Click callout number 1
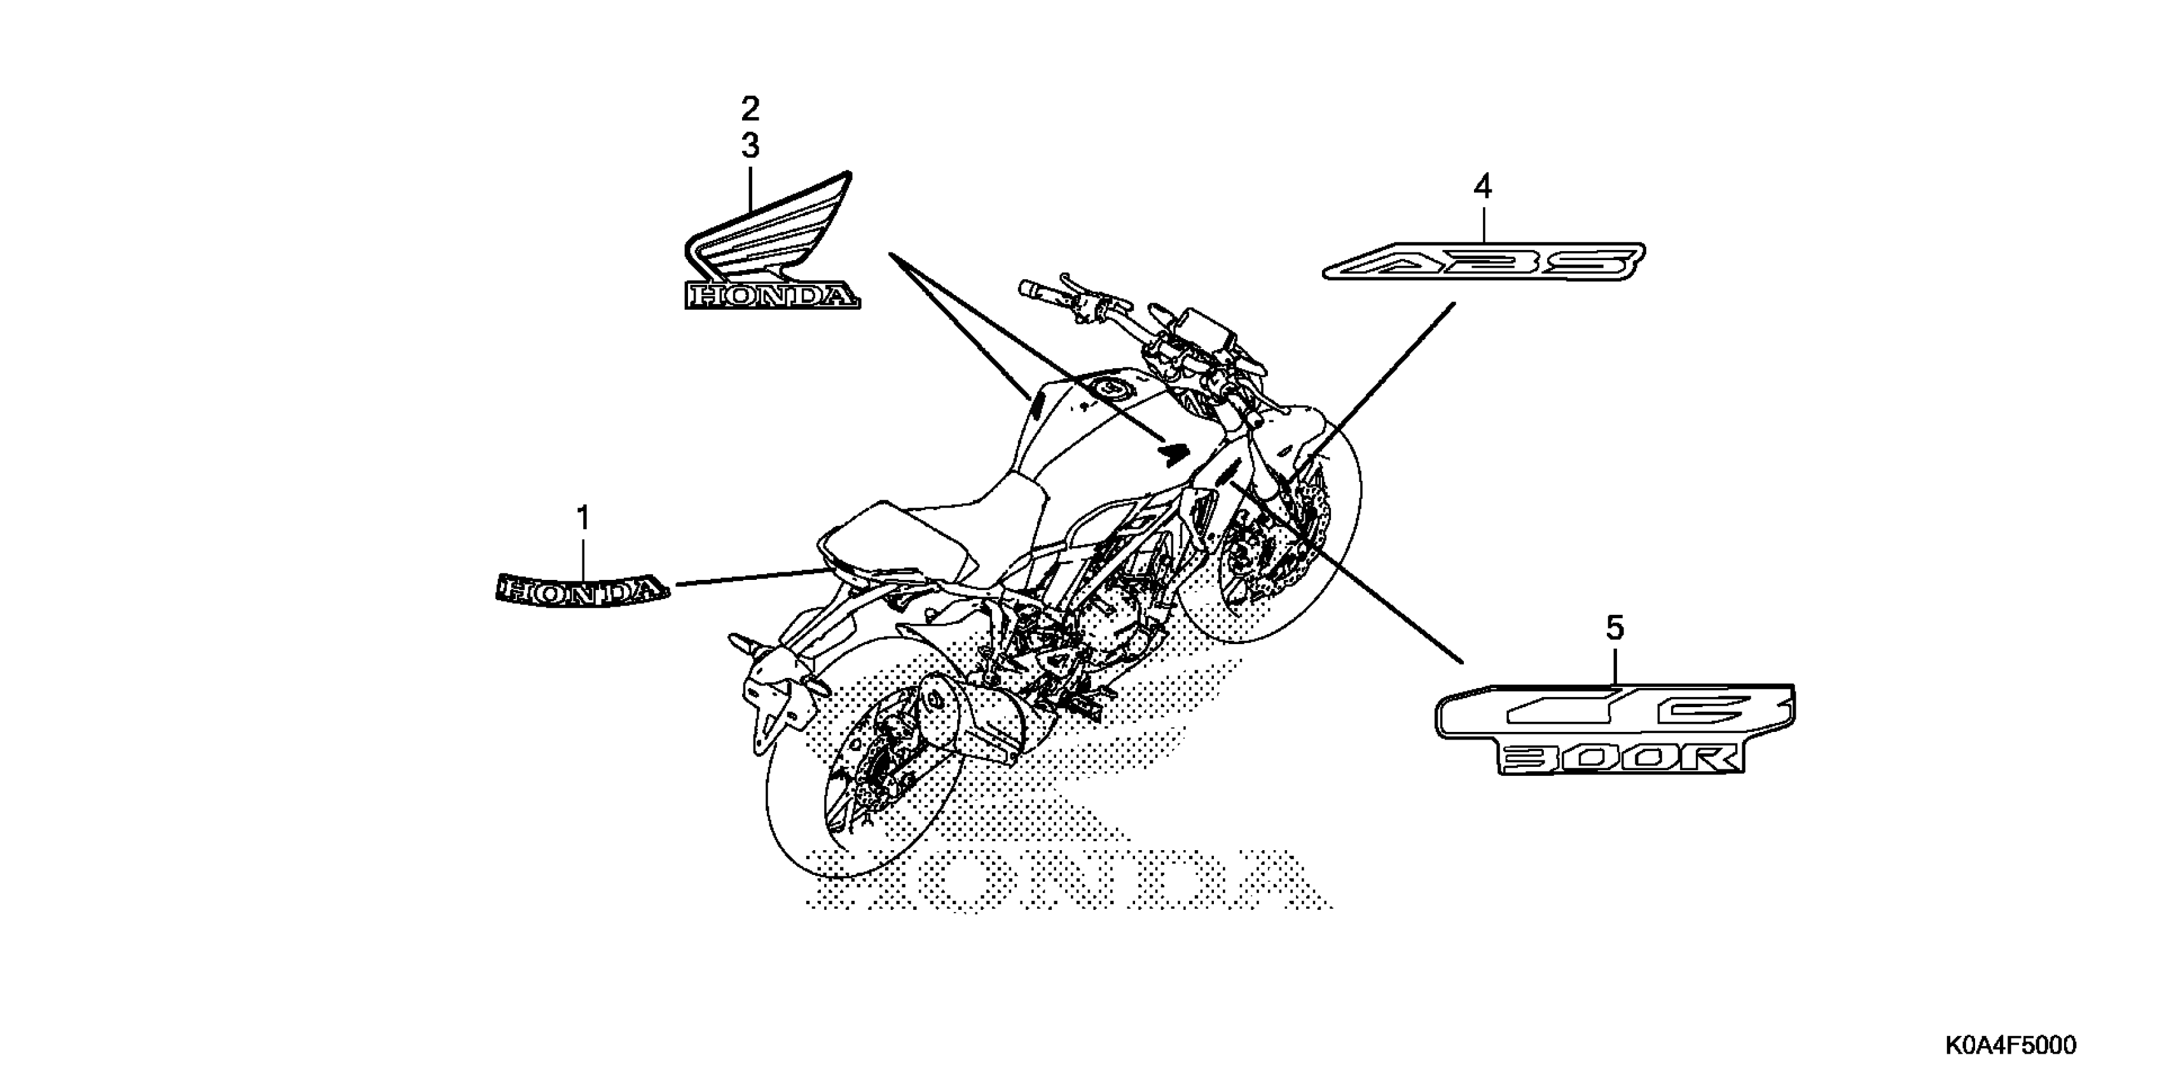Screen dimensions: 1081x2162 click(582, 518)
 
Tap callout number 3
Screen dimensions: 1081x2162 click(750, 146)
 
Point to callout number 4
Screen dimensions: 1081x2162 click(1483, 186)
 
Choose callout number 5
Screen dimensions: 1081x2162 click(1615, 628)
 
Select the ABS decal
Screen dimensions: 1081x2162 click(1483, 261)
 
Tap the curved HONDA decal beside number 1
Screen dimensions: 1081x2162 click(582, 590)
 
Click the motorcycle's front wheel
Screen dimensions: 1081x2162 click(1276, 537)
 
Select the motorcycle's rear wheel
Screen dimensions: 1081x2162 click(864, 755)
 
